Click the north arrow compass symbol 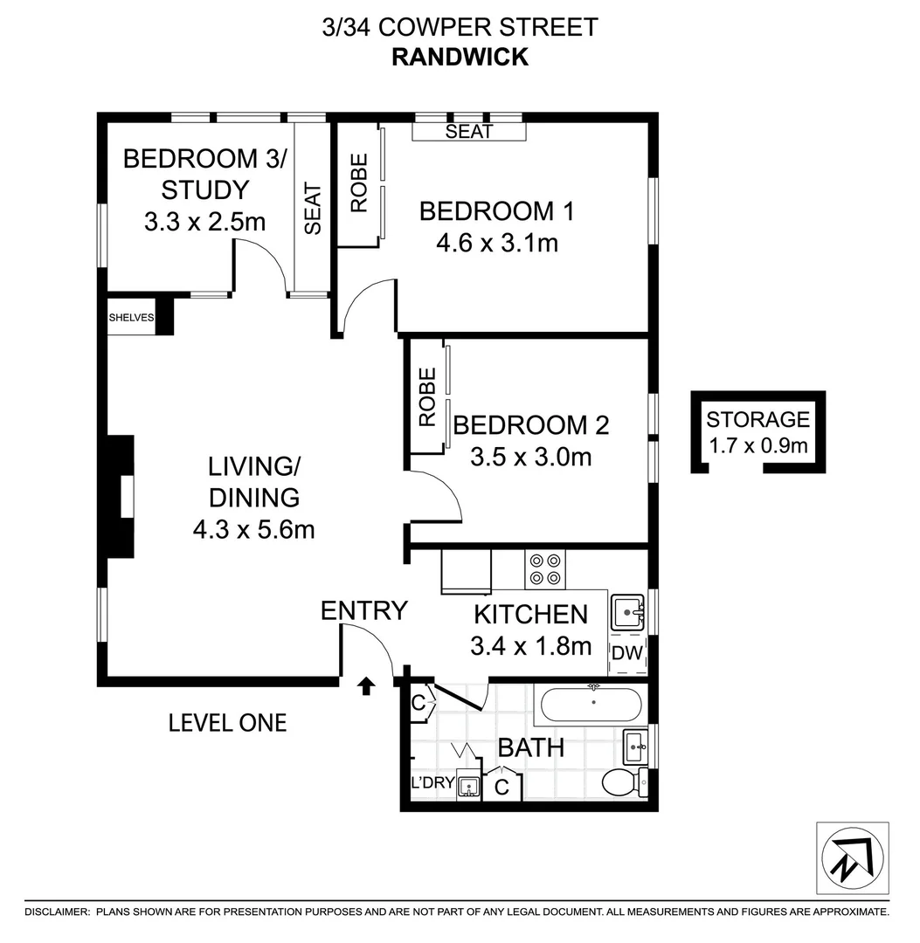click(852, 857)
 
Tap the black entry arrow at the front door click(366, 686)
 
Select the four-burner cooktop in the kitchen click(545, 569)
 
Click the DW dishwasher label click(627, 652)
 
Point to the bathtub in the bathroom click(591, 705)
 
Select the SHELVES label click(131, 318)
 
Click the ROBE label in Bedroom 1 click(359, 182)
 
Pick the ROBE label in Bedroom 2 click(427, 397)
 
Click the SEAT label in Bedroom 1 click(468, 131)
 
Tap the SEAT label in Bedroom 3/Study click(313, 209)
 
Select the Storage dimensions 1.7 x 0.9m click(757, 446)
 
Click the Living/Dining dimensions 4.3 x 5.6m click(254, 530)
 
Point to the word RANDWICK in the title click(460, 57)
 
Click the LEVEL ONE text click(227, 723)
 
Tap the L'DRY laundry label click(432, 782)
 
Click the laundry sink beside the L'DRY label click(468, 786)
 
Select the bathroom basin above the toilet click(636, 747)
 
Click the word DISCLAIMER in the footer click(57, 912)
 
